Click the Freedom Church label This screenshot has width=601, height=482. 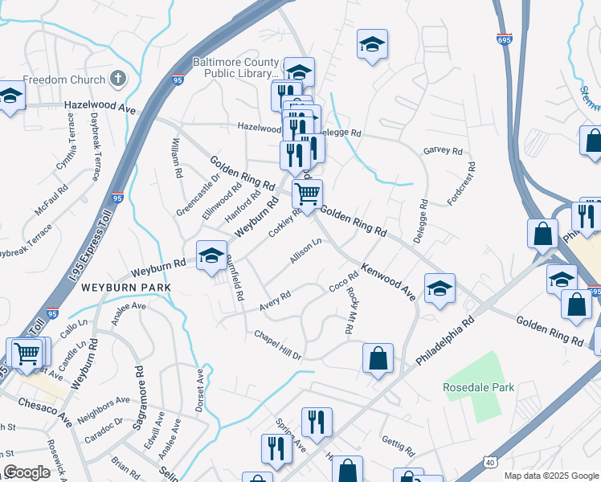63,80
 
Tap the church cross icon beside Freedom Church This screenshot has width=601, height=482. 118,79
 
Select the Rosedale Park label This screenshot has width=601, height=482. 478,387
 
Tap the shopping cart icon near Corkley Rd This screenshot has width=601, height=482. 307,193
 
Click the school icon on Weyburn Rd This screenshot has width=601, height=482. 211,255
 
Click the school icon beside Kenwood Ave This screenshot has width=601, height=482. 440,288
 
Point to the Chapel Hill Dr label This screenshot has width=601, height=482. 277,344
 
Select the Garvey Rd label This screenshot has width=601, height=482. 443,151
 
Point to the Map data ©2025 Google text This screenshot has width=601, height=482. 550,476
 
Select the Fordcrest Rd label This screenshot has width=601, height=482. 462,184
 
